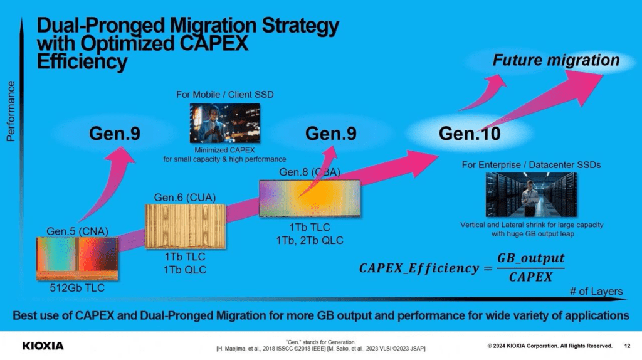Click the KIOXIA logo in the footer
click(x=43, y=346)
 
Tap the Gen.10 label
click(x=469, y=134)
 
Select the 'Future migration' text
click(x=556, y=60)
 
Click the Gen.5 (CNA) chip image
click(x=77, y=259)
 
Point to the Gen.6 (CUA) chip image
click(x=185, y=226)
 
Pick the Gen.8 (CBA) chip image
click(x=310, y=198)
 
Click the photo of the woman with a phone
click(x=225, y=123)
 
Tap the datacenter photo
click(x=531, y=194)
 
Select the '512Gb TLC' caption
click(x=77, y=288)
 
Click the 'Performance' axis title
click(x=11, y=111)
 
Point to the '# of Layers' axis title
click(x=596, y=291)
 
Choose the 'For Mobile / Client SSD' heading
click(x=225, y=95)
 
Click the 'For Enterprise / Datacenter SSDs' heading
click(x=531, y=165)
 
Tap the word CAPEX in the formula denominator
click(x=530, y=277)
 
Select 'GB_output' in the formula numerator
click(x=530, y=258)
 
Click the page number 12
click(x=627, y=346)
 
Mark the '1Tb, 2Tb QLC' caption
click(x=310, y=240)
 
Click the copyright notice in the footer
click(x=550, y=346)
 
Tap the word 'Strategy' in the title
click(x=300, y=25)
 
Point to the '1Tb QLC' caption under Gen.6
click(x=185, y=270)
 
